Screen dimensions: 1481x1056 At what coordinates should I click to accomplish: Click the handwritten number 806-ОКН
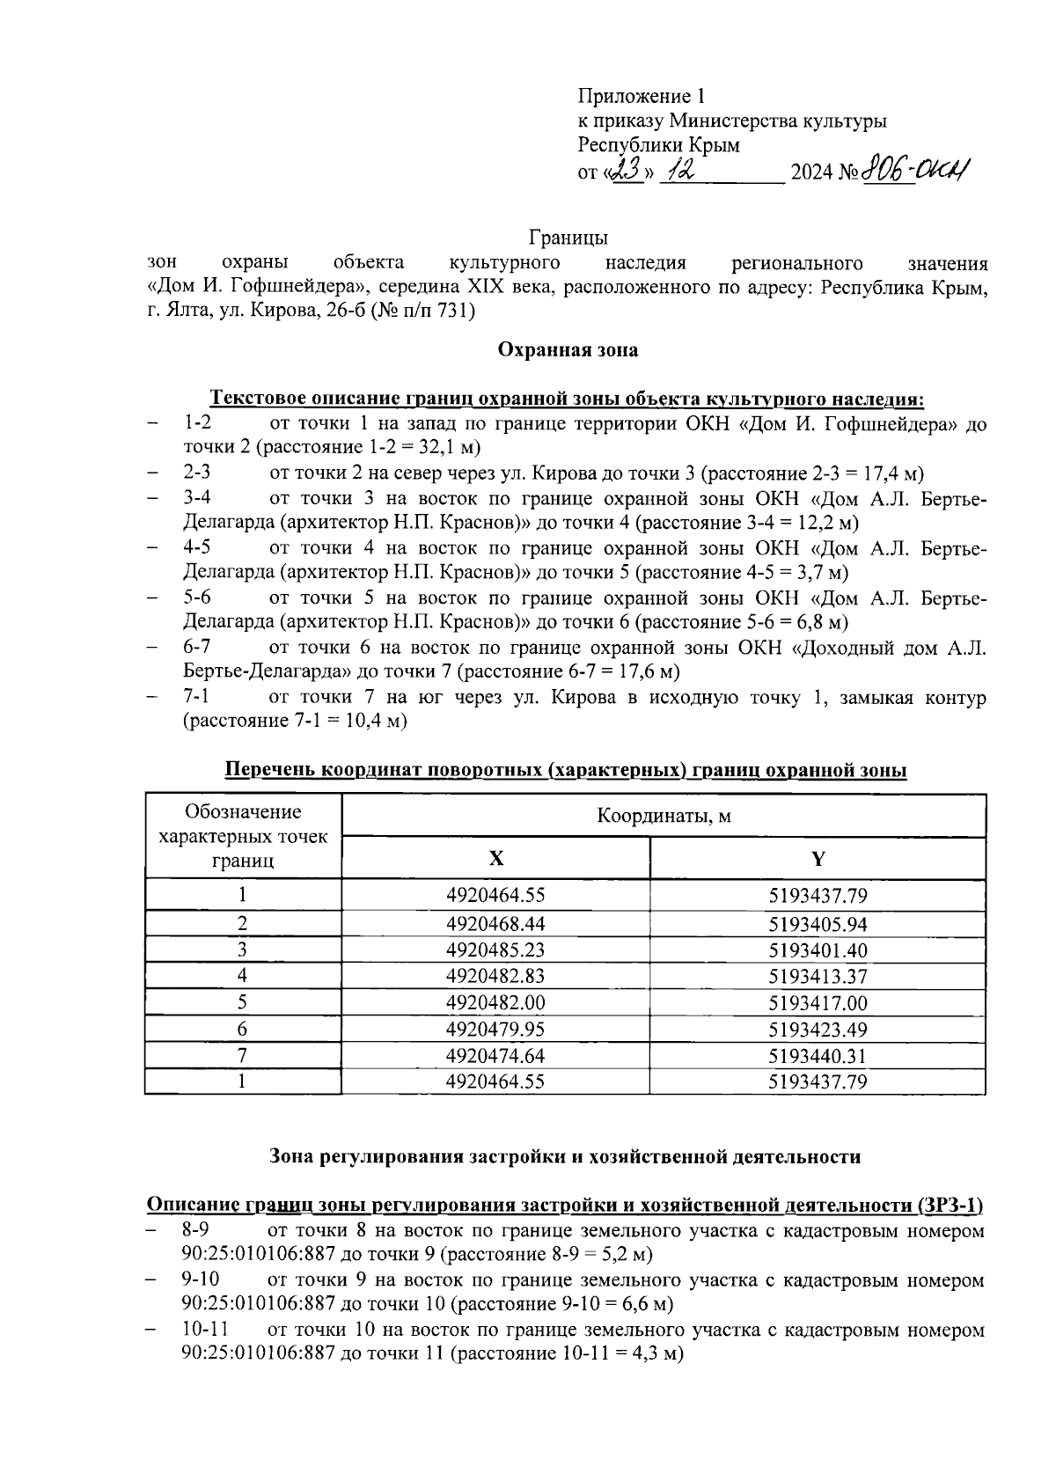tap(915, 168)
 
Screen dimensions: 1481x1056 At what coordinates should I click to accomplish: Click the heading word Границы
tap(568, 238)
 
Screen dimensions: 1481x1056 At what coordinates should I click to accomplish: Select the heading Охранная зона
tap(568, 350)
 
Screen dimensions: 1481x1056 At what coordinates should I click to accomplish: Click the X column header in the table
tap(495, 859)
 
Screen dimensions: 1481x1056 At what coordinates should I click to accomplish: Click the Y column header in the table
tap(818, 859)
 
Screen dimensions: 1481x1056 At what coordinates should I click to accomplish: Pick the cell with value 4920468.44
tap(495, 924)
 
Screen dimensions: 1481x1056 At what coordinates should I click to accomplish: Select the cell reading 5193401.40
tap(818, 950)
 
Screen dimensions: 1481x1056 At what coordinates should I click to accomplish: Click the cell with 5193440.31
tap(818, 1056)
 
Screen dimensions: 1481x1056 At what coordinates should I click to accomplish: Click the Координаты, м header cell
tap(664, 816)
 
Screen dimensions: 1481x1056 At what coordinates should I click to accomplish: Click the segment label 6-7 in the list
tap(197, 648)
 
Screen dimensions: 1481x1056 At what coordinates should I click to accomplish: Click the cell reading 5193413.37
tap(818, 977)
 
